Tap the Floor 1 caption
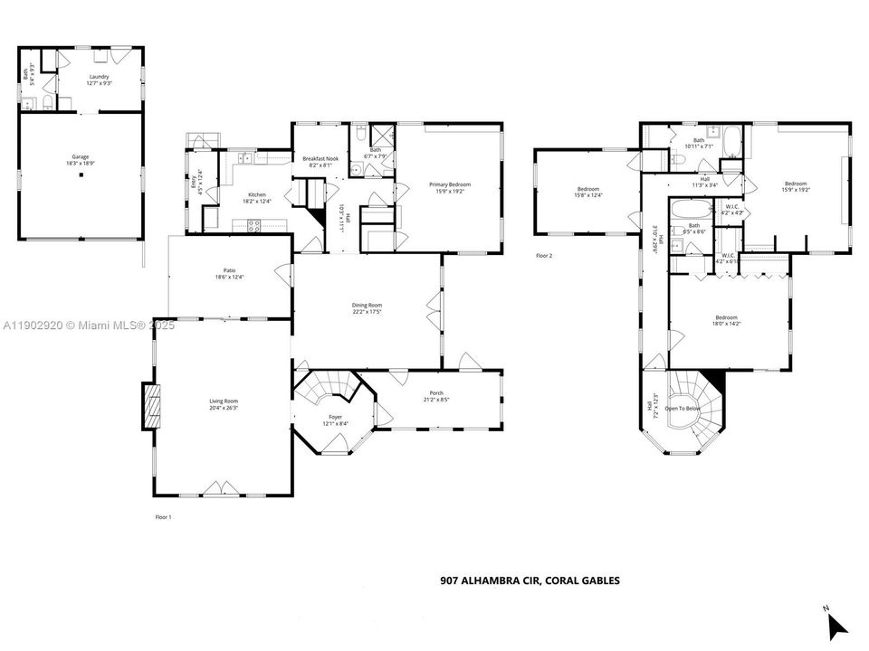pos(163,517)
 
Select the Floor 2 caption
pos(544,256)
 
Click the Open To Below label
pos(683,408)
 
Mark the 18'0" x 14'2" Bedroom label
pos(726,320)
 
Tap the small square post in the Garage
pos(81,175)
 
